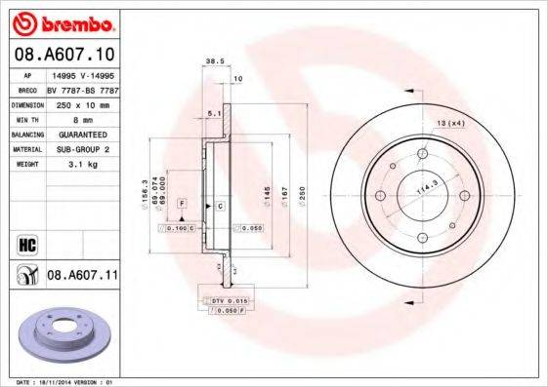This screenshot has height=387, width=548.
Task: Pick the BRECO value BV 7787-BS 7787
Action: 82,88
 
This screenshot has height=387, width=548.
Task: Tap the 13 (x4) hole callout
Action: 450,123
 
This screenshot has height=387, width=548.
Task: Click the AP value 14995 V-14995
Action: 82,73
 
